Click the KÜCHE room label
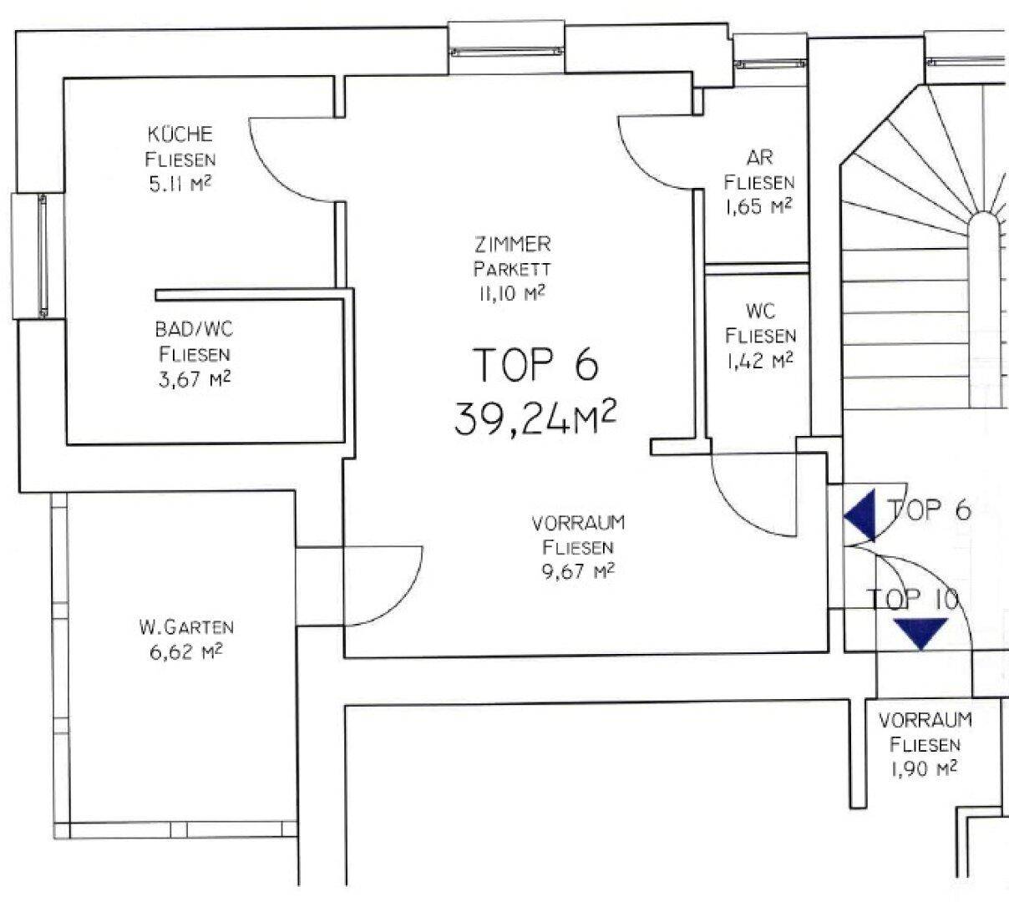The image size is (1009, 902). click(180, 134)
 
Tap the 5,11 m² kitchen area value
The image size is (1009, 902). click(180, 185)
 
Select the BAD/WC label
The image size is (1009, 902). click(195, 329)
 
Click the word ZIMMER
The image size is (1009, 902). click(513, 245)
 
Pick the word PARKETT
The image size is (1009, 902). click(512, 270)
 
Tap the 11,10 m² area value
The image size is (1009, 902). click(512, 293)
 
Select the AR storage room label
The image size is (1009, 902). click(759, 158)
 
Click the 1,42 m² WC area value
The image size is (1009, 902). click(760, 361)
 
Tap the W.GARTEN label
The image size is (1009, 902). click(186, 627)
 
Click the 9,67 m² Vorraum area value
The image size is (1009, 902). click(578, 571)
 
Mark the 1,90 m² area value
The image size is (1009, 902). click(924, 769)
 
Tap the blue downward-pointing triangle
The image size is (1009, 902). click(920, 632)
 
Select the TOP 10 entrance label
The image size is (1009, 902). click(912, 599)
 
